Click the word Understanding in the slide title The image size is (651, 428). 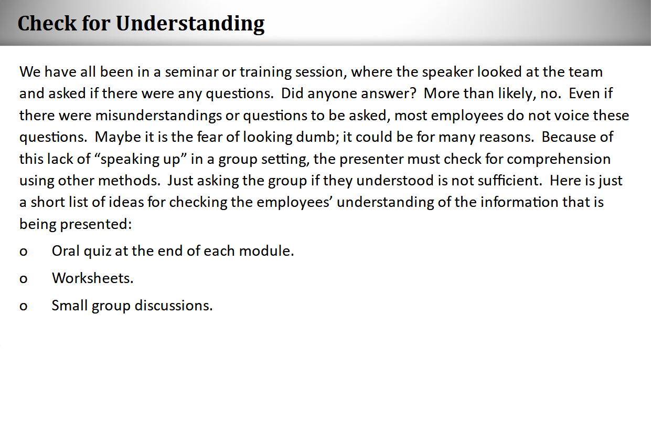[x=190, y=24]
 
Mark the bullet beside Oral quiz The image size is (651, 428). [x=23, y=252]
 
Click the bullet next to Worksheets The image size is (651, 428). [x=23, y=279]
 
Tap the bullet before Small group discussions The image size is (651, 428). [x=23, y=306]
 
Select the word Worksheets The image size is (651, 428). [x=92, y=278]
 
